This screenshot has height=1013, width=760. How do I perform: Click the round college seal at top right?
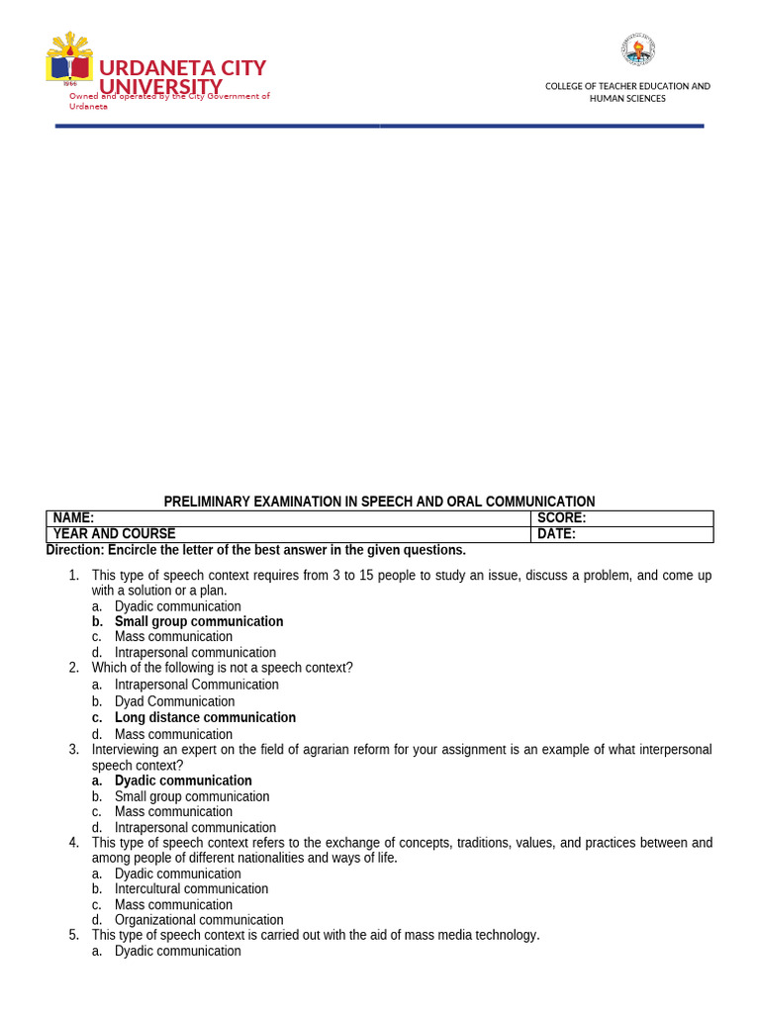click(x=637, y=49)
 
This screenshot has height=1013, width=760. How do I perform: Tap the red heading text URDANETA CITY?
click(x=182, y=68)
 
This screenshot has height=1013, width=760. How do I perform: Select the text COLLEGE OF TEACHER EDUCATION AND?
click(x=627, y=86)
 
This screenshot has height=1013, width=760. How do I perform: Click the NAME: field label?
click(x=73, y=518)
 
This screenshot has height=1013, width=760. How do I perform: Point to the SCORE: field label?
click(x=561, y=518)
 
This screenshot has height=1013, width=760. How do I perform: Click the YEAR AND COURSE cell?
click(x=114, y=534)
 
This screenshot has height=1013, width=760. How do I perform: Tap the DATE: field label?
click(x=556, y=534)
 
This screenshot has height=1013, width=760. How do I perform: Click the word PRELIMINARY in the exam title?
click(x=207, y=502)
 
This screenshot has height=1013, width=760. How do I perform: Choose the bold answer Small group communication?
click(x=198, y=622)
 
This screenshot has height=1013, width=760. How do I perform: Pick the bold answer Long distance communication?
click(x=205, y=718)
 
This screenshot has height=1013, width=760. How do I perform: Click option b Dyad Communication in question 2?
click(x=174, y=701)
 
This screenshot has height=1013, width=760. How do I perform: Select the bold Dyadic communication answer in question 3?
click(x=183, y=781)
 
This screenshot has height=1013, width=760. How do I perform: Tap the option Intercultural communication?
click(x=191, y=889)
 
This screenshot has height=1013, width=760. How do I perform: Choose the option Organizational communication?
click(x=199, y=920)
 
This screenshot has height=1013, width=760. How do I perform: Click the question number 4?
click(x=73, y=843)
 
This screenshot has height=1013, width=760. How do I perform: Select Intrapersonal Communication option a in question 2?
click(x=196, y=685)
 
